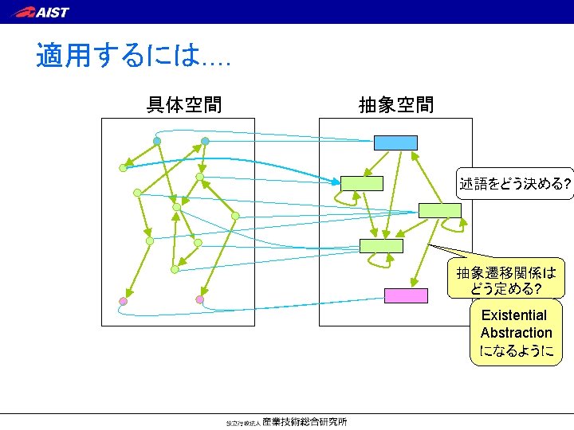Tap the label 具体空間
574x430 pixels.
[183, 104]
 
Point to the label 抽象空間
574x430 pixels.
[396, 104]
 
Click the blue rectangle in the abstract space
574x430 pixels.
[395, 143]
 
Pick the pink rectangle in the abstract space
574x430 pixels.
[406, 295]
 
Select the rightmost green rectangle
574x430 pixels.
[439, 210]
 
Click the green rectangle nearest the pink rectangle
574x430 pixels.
[381, 245]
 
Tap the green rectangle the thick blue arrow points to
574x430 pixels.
[361, 183]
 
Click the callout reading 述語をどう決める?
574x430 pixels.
[514, 184]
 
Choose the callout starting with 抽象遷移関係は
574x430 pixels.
[505, 279]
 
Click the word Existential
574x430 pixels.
[514, 315]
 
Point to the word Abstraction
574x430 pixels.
[516, 333]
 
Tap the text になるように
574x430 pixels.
[516, 350]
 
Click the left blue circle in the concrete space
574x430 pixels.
[157, 141]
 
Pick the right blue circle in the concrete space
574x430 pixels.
[205, 141]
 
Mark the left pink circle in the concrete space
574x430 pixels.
[123, 301]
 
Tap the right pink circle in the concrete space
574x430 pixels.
[199, 299]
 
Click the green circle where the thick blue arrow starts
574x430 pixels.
[123, 168]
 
